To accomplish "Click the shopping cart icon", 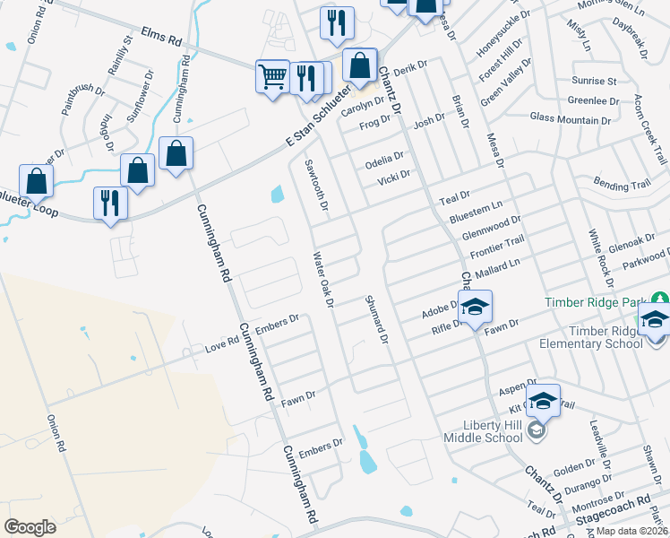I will tap(272, 74).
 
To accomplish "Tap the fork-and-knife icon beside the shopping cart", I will tap(306, 78).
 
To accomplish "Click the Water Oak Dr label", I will tap(322, 281).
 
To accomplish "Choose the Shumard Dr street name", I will tap(376, 320).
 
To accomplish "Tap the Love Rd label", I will tap(221, 343).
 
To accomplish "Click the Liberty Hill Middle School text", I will tap(483, 430).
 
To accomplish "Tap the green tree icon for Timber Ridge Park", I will tap(660, 298).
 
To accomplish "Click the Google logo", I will tap(30, 527).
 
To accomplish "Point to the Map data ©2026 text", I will tap(632, 531).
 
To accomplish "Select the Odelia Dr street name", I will tap(386, 161).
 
